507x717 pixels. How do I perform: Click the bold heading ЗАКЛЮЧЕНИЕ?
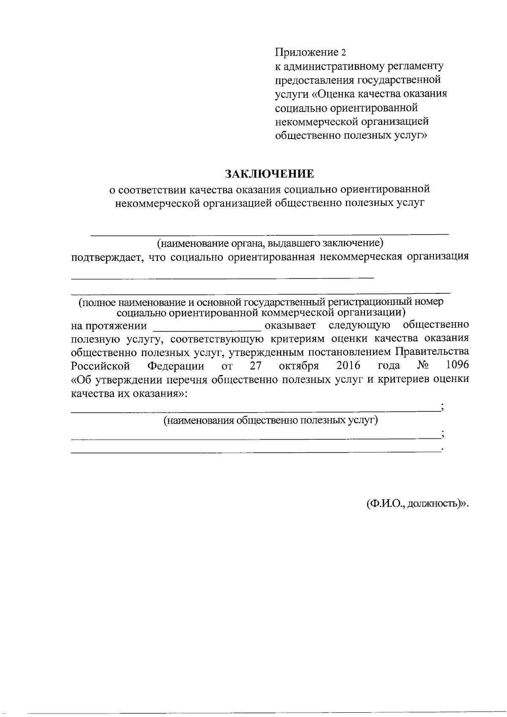point(270,174)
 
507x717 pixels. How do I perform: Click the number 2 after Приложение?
point(343,53)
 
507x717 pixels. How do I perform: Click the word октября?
point(299,365)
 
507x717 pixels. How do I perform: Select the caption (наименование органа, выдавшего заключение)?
point(270,244)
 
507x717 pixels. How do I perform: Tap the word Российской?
point(100,365)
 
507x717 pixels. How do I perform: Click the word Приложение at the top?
point(306,53)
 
